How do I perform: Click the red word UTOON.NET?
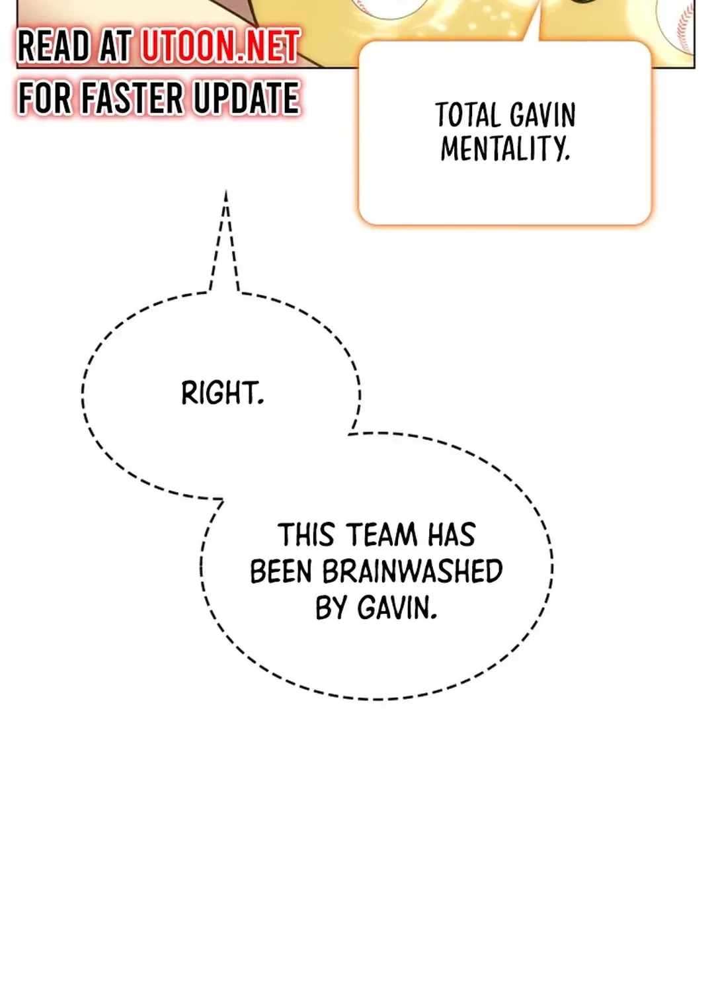point(219,46)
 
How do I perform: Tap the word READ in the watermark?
point(54,46)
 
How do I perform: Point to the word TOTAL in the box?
point(467,116)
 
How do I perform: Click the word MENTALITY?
point(505,149)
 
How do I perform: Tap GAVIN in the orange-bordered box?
point(543,116)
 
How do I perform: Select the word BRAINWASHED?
point(413,571)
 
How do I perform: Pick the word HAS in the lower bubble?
point(452,535)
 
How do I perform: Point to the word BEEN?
point(280,571)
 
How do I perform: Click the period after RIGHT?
point(261,402)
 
